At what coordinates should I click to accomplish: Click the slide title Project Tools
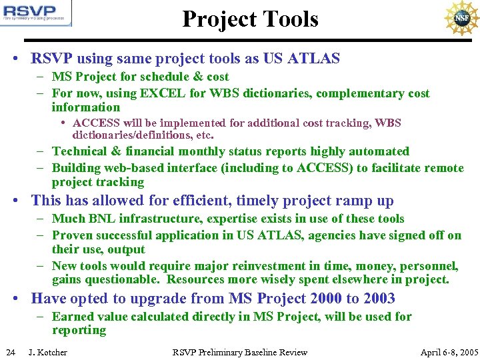[250, 19]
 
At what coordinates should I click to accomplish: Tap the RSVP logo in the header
[37, 13]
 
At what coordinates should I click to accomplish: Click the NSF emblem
[461, 19]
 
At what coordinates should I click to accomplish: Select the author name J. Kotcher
[48, 352]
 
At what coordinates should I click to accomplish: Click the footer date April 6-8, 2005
[449, 352]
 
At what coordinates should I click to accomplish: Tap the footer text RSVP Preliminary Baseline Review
[240, 352]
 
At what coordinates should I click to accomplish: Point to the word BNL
[103, 219]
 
